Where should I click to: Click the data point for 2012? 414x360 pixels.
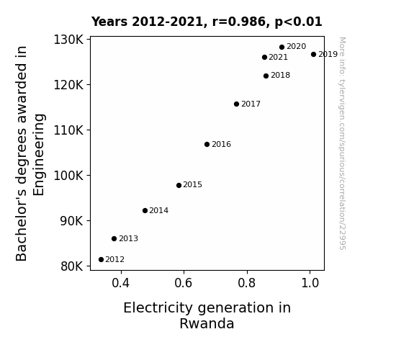[101, 260]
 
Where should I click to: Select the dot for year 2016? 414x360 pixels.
[207, 144]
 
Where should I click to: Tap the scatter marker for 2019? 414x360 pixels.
[313, 55]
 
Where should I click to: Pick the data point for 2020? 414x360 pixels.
[282, 47]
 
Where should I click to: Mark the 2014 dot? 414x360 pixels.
[145, 210]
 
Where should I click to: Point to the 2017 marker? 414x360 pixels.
[236, 104]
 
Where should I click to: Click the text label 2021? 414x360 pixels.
[279, 57]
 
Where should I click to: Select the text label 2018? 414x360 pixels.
[280, 76]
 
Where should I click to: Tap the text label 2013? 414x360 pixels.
[128, 238]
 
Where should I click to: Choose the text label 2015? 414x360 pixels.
[192, 184]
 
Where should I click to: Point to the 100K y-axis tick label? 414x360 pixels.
[68, 176]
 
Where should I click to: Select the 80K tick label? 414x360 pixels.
[72, 266]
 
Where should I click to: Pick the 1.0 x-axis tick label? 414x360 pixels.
[310, 283]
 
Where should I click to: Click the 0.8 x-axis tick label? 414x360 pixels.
[247, 283]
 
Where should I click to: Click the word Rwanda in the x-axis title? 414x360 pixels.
[207, 323]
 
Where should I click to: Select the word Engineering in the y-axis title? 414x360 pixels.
[39, 155]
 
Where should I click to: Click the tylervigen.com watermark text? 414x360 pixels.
[342, 143]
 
